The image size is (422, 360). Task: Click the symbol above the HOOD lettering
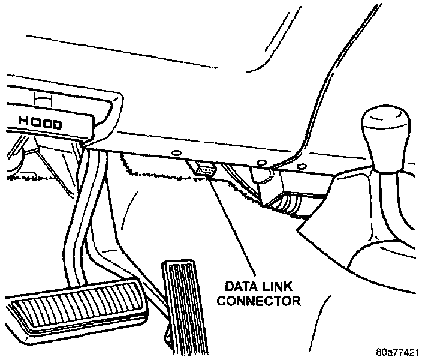coord(44,97)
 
